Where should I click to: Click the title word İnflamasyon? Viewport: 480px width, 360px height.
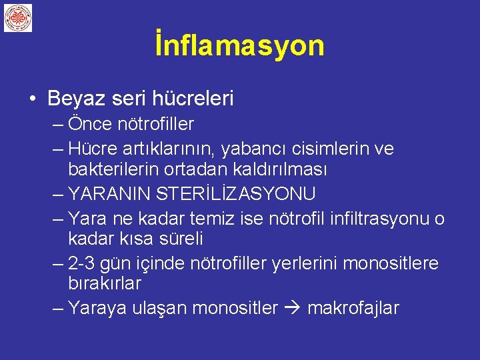(239, 45)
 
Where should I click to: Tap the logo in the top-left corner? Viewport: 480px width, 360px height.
(18, 18)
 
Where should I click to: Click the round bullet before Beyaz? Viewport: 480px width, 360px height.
(33, 100)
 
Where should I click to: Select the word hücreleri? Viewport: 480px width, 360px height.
(193, 99)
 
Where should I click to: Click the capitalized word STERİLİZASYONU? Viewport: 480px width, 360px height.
(237, 194)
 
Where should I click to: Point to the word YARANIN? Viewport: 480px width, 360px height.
(110, 194)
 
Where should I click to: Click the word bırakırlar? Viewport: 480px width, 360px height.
(105, 283)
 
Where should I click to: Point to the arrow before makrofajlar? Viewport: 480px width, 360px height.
(293, 308)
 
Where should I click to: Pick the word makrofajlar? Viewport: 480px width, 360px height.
(353, 308)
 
